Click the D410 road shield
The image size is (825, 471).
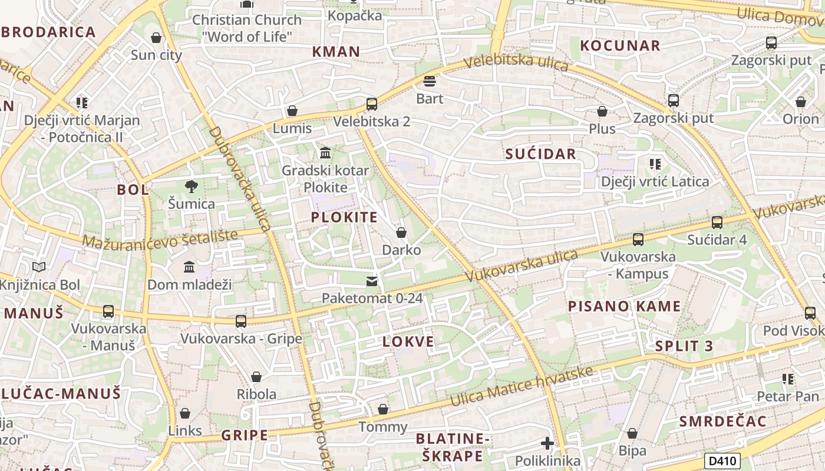coord(722,460)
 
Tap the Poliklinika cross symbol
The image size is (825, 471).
coord(547,443)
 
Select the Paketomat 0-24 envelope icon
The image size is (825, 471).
coord(371,281)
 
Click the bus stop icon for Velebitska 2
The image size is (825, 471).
coord(371,104)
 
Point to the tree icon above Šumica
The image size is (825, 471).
coord(191,187)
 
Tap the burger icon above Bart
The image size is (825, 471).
coord(430,81)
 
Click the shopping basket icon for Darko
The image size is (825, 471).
coord(401,233)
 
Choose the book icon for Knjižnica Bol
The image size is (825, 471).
coord(39,267)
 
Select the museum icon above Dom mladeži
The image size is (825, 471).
coord(189,267)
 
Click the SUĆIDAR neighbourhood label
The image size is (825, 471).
coord(540,154)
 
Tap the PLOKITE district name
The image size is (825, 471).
coord(344,217)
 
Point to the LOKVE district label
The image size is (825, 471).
coord(408,341)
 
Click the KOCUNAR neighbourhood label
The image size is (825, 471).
coord(620,46)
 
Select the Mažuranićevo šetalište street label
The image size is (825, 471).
coord(160,238)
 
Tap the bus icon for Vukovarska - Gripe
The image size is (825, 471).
coord(240,321)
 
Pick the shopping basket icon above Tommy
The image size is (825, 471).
coord(383,409)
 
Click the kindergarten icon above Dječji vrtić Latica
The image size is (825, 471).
coord(655,164)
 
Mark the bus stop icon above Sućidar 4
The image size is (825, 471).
coord(717,223)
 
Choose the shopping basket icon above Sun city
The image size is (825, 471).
coord(156,38)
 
